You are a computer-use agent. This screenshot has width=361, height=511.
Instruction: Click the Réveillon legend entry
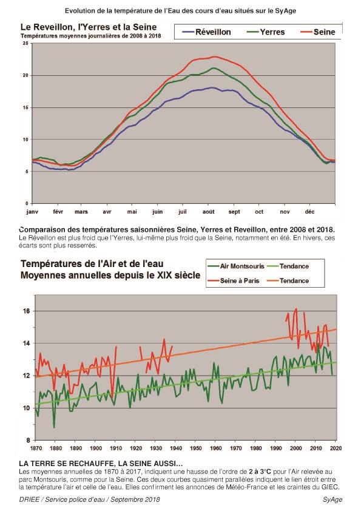click(206, 32)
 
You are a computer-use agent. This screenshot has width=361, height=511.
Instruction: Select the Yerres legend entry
click(266, 32)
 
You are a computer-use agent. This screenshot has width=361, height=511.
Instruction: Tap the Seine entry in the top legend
click(318, 32)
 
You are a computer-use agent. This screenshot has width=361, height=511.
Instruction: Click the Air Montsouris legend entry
click(236, 266)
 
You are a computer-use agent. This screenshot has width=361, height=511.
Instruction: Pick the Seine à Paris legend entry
click(234, 280)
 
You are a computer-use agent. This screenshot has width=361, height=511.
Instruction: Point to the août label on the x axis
click(209, 212)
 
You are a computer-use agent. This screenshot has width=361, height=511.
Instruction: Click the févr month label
click(58, 212)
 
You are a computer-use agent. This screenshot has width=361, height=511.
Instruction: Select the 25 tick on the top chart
click(25, 43)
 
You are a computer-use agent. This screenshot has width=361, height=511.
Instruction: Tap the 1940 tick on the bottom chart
click(176, 448)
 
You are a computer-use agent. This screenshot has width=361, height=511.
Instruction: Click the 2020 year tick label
click(336, 448)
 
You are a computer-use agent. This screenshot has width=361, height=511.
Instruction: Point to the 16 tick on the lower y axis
click(26, 311)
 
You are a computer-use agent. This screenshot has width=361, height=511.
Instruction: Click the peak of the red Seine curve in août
click(214, 56)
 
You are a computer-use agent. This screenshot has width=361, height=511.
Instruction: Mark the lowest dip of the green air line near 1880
click(54, 427)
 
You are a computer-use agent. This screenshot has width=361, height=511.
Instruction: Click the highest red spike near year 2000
click(296, 309)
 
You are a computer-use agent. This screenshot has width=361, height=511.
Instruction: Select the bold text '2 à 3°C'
click(260, 472)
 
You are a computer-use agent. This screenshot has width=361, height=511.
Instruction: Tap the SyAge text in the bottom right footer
click(332, 499)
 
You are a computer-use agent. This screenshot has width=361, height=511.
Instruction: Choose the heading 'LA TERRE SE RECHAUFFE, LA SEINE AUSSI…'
click(101, 464)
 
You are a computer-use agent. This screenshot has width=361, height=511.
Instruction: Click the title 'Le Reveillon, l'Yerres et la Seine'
click(89, 27)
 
